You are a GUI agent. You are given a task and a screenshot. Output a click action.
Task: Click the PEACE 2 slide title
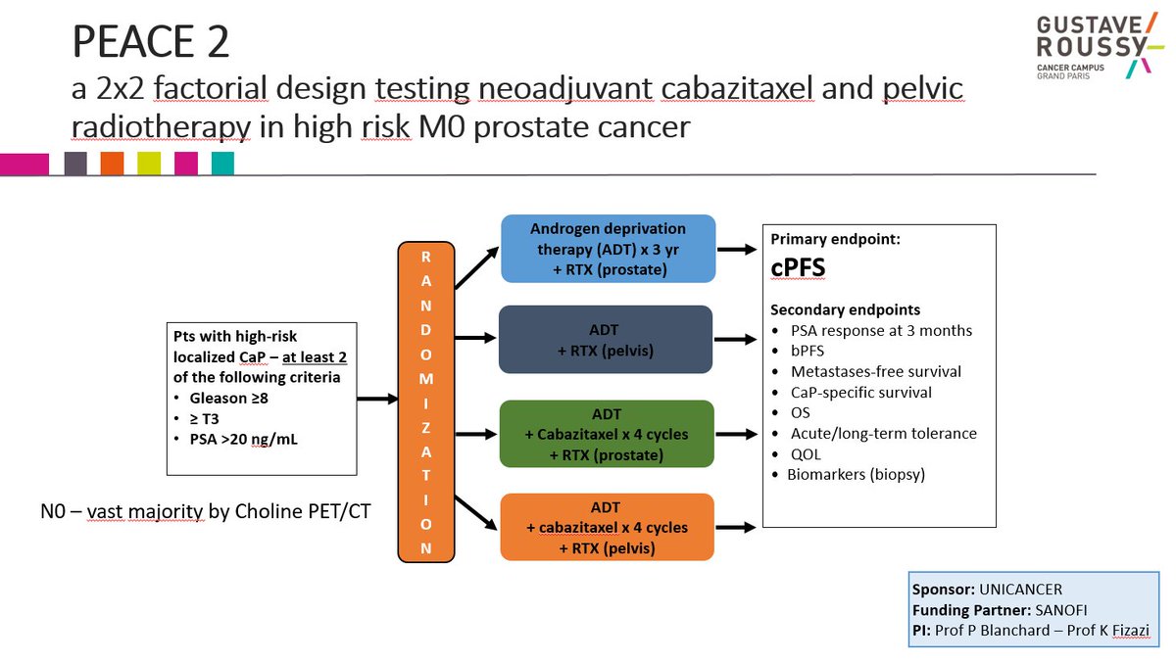pos(151,41)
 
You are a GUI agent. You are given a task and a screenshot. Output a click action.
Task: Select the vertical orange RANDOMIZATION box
pos(425,401)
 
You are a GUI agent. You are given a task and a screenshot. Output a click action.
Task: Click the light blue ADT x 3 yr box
pos(609,250)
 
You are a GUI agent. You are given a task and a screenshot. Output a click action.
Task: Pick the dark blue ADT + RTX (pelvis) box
pos(605,340)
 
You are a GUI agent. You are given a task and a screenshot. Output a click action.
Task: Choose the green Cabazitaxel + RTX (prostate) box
pos(608,434)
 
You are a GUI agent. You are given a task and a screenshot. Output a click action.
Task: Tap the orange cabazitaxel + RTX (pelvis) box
pos(607,527)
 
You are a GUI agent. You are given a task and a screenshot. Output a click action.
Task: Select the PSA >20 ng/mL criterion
pos(242,439)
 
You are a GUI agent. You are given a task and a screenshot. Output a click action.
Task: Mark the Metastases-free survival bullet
pos(875,371)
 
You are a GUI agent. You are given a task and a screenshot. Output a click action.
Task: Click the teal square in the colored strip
pos(222,164)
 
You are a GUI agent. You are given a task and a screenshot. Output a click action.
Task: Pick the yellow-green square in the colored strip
pos(149,164)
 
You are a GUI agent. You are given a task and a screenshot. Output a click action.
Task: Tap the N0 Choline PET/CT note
pos(202,510)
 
